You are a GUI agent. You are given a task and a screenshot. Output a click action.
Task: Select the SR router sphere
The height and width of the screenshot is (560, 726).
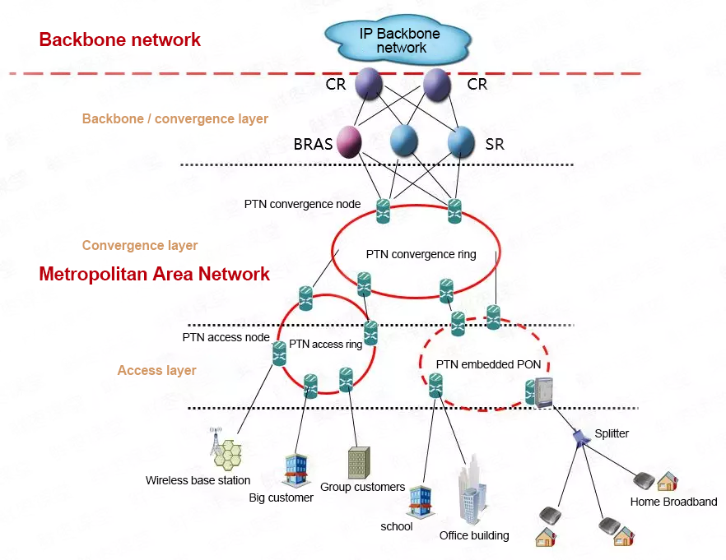[x=461, y=141]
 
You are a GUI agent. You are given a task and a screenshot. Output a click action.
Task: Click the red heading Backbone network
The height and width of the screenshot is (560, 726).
[x=120, y=39]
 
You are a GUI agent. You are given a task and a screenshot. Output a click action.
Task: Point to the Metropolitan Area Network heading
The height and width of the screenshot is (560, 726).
[x=155, y=274]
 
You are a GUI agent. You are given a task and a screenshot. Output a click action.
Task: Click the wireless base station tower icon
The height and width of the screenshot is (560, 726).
[x=226, y=450]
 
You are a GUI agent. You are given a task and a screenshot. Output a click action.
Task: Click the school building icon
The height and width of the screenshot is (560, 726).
[x=420, y=501]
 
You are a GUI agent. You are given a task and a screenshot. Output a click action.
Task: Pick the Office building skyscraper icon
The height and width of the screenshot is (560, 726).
[x=472, y=498]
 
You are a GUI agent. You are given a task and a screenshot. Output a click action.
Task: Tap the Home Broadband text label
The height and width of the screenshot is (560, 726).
[x=673, y=502]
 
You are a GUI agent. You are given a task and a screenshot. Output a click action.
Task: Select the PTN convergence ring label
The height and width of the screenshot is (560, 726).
[x=421, y=254]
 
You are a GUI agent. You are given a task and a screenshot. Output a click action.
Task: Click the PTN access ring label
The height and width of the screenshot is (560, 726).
[x=326, y=344]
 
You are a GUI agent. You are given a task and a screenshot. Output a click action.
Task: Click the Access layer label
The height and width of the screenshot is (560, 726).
[x=157, y=371]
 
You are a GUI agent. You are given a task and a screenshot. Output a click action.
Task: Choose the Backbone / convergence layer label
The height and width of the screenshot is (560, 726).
[x=175, y=119]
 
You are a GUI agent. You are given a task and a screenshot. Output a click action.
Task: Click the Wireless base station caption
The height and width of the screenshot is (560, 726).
[x=198, y=480]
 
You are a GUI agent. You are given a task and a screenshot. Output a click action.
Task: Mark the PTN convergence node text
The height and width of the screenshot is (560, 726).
[x=303, y=204]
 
